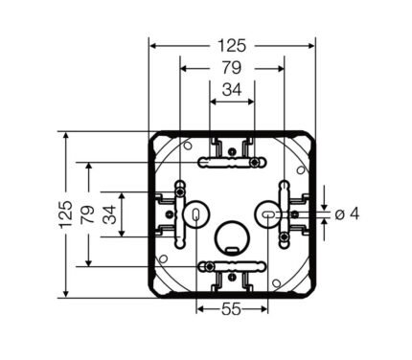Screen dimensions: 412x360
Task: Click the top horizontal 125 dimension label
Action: click(232, 46)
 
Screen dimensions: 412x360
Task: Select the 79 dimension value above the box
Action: click(232, 68)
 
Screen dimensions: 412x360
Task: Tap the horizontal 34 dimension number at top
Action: click(232, 90)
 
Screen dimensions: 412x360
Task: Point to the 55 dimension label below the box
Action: click(232, 309)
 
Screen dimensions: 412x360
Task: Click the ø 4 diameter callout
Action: click(347, 214)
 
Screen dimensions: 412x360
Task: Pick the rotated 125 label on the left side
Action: click(65, 214)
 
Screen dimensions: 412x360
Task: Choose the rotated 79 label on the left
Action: click(88, 214)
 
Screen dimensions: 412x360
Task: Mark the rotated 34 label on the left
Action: click(110, 214)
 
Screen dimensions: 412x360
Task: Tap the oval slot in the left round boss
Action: click(195, 214)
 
